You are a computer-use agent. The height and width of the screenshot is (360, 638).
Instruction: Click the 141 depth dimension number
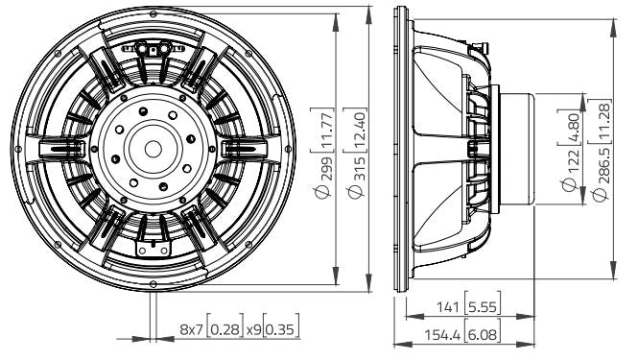tap(448, 308)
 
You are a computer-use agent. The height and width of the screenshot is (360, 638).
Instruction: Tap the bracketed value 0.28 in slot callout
tap(230, 329)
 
